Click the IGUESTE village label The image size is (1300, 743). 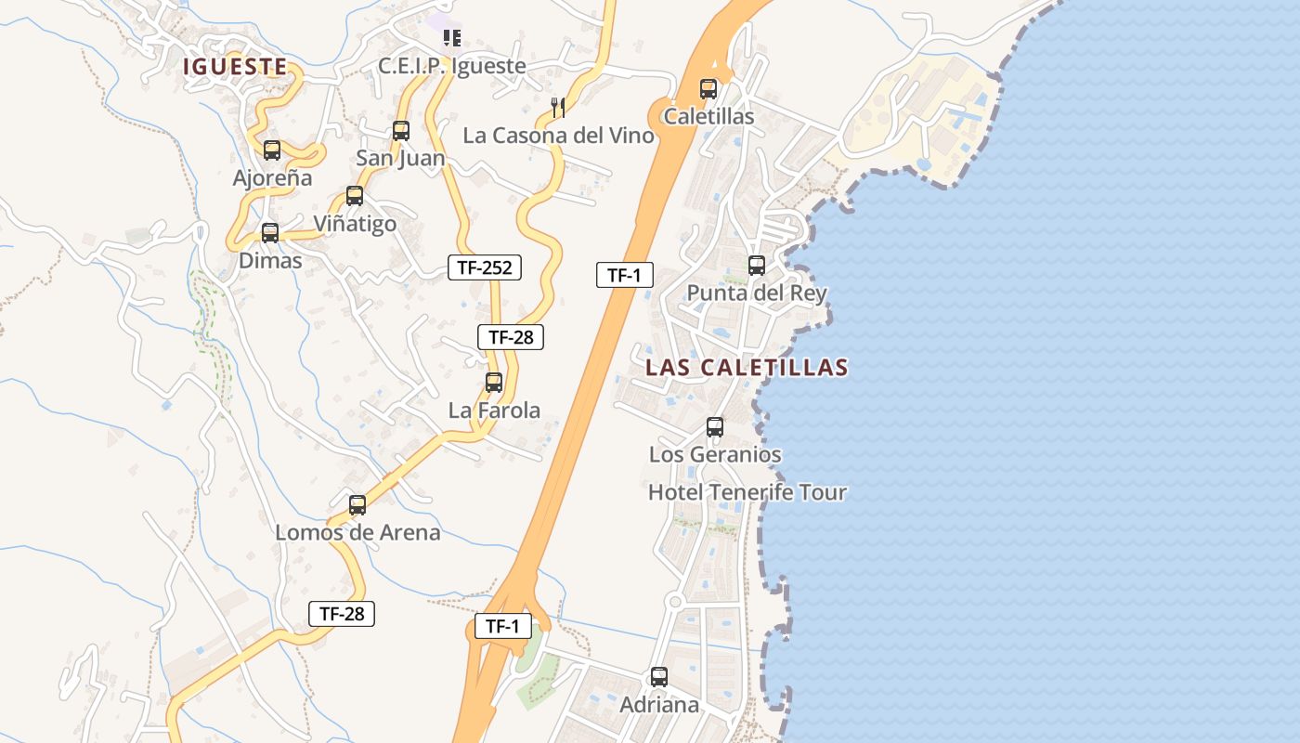coord(234,67)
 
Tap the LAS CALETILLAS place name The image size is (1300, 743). coord(747,368)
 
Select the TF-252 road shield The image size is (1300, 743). coord(485,268)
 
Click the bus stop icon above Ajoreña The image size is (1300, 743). coord(272,150)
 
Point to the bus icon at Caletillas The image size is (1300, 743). coord(708,90)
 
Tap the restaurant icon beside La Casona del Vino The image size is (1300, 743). coord(558,108)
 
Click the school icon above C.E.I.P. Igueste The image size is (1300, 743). coord(452,38)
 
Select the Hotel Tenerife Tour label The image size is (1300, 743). coord(747,492)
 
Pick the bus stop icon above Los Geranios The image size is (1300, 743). coord(715,427)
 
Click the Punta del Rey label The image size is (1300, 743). coord(756,293)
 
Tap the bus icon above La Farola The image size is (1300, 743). coord(494,382)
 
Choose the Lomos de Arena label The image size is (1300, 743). coord(357,533)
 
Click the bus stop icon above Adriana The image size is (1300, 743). coord(659,677)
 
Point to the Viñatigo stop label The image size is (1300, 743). coord(355,224)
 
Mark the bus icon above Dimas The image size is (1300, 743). coord(270,233)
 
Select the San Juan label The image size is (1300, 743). coord(400,159)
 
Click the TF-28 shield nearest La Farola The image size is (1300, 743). coord(511,337)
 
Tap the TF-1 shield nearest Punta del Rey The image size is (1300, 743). coord(625,275)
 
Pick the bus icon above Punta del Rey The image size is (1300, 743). coord(757,266)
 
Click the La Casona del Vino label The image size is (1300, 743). coord(558,136)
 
